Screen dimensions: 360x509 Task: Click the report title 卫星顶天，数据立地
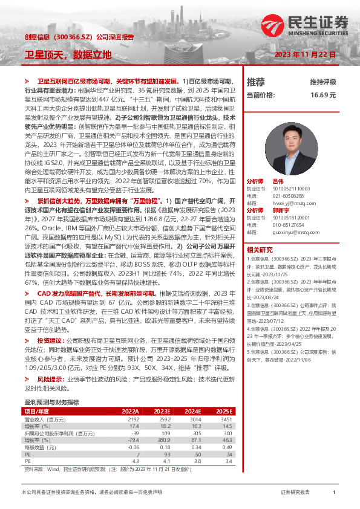point(68,54)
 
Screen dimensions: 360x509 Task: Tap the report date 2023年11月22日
point(305,55)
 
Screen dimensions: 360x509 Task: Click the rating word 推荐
point(255,82)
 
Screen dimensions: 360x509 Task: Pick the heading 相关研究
point(260,249)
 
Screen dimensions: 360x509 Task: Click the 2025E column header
point(224,410)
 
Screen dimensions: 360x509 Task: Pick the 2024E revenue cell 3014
point(192,418)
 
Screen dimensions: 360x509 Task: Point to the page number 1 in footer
point(333,492)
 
